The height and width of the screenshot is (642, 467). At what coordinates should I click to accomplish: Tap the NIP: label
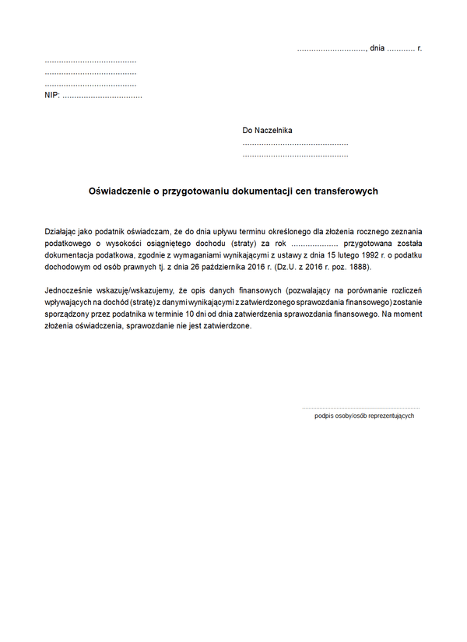(52, 96)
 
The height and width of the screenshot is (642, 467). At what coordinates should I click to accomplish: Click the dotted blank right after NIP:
(101, 96)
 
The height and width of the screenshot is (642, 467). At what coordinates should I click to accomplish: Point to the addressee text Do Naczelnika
(267, 131)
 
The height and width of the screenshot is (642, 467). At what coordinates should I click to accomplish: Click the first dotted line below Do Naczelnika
(295, 144)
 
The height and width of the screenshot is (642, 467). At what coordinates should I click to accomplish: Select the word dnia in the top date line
(377, 48)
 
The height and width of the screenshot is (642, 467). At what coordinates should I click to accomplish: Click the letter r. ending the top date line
(420, 48)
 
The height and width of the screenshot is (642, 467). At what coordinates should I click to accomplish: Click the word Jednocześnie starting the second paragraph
(70, 291)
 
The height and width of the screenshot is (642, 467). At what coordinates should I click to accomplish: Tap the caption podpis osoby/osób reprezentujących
(364, 416)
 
